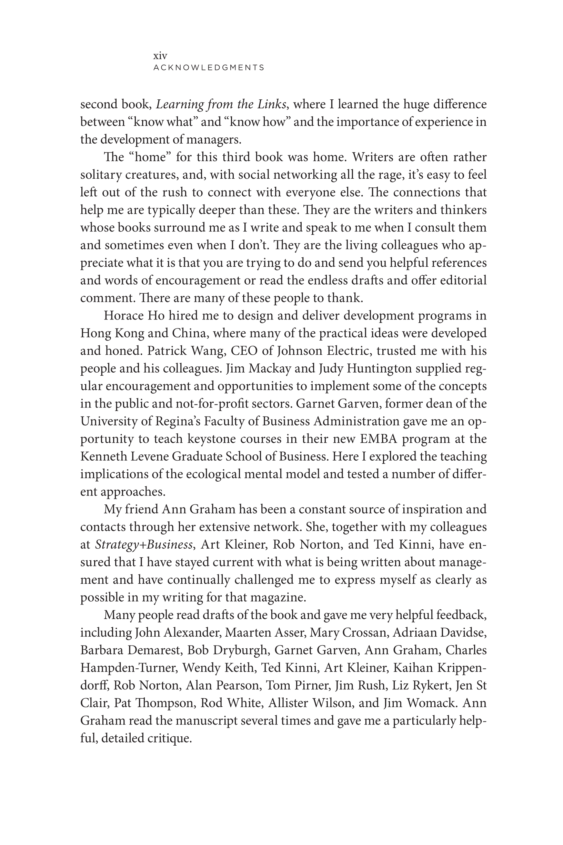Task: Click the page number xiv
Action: [160, 56]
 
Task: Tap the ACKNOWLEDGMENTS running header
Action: [209, 68]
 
